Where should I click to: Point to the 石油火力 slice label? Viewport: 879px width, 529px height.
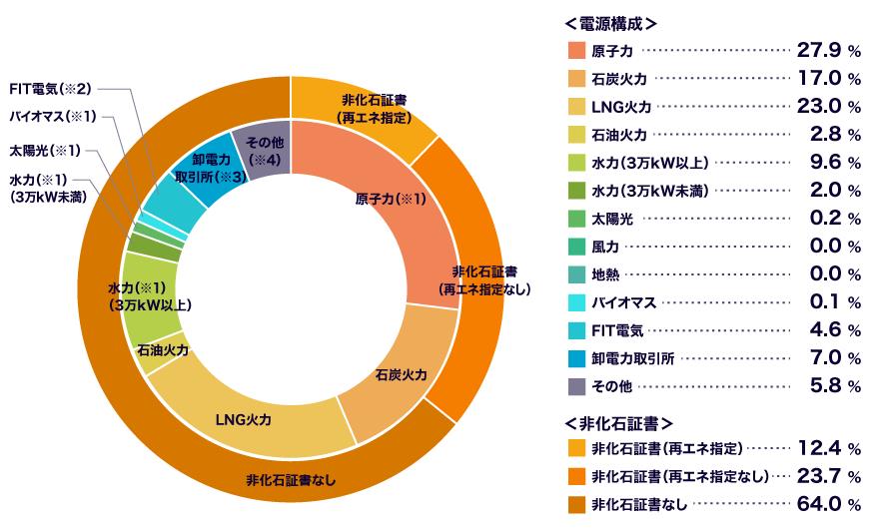click(x=163, y=350)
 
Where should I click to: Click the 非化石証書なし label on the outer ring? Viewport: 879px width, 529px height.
click(x=291, y=480)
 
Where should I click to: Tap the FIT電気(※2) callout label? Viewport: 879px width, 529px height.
click(x=51, y=89)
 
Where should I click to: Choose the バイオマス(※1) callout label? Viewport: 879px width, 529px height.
click(x=53, y=117)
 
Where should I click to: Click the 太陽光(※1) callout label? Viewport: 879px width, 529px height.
click(x=45, y=150)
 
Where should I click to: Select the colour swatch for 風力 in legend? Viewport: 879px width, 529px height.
click(x=577, y=247)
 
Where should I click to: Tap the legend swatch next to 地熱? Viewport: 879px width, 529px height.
click(x=577, y=274)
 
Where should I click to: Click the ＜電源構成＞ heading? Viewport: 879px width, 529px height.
click(x=611, y=24)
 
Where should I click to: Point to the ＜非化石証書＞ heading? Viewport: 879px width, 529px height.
click(x=619, y=423)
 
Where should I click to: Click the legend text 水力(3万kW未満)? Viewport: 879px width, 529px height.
click(x=649, y=191)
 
